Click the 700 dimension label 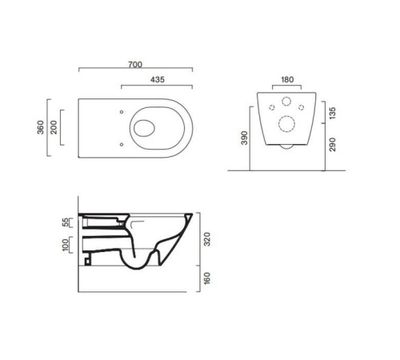135,65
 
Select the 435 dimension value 158,79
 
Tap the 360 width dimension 41,127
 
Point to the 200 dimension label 54,127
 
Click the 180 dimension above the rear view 287,79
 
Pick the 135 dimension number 333,113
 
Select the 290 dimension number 333,144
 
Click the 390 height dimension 244,138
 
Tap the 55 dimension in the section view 66,222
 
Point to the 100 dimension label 66,245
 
